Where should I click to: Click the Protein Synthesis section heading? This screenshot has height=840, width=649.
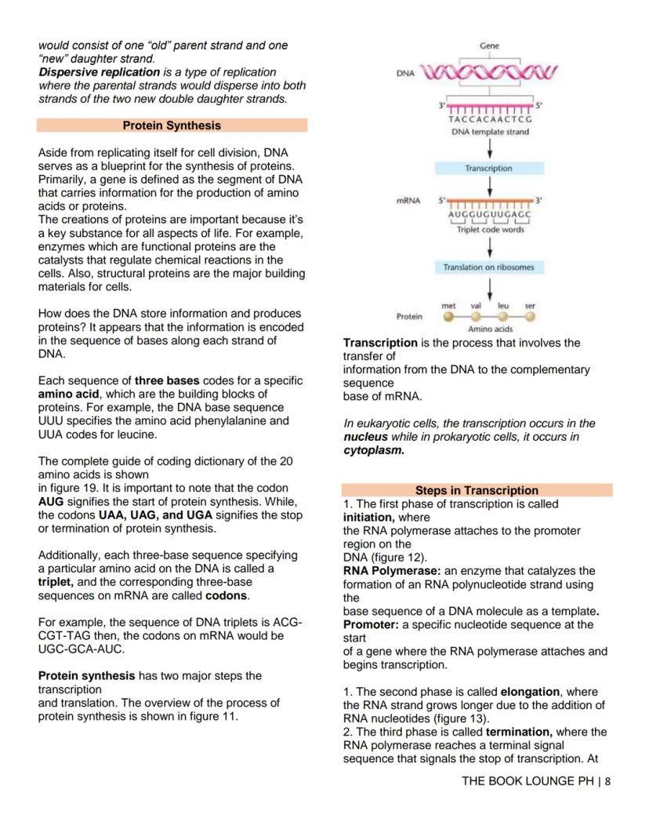[172, 125]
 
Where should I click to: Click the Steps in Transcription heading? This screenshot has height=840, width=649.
[477, 490]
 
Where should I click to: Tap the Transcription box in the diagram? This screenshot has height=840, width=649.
[488, 169]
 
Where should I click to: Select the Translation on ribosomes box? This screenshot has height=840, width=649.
[488, 267]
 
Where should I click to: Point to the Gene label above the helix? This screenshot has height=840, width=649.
[490, 46]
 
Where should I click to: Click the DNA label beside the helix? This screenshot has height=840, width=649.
[405, 72]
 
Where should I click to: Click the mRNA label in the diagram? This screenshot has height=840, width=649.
[406, 202]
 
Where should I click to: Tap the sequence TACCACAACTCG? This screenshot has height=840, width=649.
[490, 120]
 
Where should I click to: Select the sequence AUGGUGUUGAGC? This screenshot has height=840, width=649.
[490, 215]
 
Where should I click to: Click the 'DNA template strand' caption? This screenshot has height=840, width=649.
[490, 132]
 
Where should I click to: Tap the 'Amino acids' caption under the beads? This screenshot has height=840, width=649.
[490, 330]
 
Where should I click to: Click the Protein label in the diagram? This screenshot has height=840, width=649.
[409, 317]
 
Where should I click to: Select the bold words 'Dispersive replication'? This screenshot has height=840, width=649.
[100, 72]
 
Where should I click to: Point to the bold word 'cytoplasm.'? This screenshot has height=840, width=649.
[372, 451]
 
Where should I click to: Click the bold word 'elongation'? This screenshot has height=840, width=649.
[529, 692]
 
